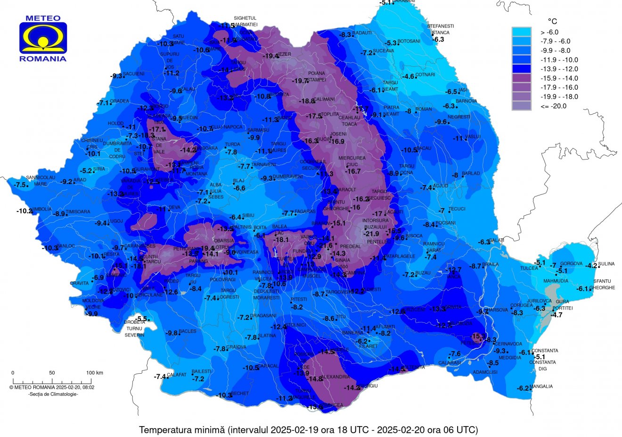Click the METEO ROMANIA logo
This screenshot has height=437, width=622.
43,39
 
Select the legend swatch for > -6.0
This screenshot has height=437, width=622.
522,32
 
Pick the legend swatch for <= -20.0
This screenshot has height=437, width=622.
522,106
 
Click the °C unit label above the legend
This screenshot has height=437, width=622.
552,21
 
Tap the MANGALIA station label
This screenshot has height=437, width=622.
541,387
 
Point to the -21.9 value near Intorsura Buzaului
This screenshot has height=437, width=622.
372,234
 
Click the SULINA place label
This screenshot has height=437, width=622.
606,264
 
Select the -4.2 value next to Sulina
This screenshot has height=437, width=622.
591,266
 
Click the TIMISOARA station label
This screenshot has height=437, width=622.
78,212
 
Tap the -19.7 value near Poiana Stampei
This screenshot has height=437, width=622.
300,81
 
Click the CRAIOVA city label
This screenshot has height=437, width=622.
236,347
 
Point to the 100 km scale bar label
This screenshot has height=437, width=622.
95,373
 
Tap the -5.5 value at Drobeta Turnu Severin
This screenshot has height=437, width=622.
141,319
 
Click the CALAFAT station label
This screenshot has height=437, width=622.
177,375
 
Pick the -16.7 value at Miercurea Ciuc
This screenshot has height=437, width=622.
353,171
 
